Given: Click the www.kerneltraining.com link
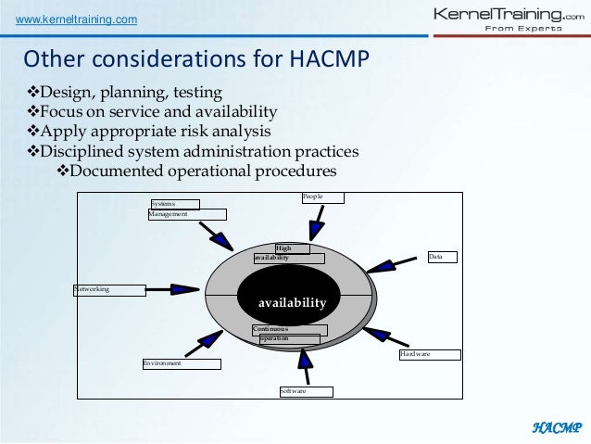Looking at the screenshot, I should [x=73, y=19].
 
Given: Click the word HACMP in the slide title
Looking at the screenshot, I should [x=325, y=59].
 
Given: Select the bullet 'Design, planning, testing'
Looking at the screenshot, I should [x=128, y=93].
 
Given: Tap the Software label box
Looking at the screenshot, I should [x=304, y=392].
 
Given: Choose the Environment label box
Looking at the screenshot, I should [x=181, y=364].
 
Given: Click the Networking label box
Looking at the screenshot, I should [x=108, y=290].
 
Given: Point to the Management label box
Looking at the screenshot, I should [x=186, y=214].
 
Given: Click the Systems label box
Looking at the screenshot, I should [x=174, y=203].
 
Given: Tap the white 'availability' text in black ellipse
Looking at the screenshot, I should [x=292, y=303].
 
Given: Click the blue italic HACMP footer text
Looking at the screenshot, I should [x=556, y=427].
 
